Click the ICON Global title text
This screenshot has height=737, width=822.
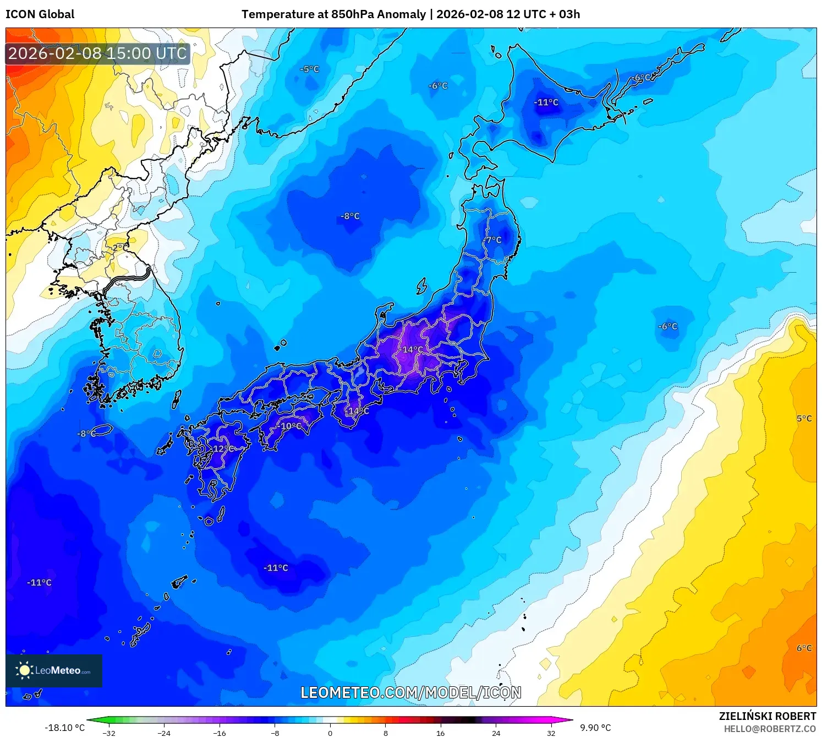[x=40, y=14]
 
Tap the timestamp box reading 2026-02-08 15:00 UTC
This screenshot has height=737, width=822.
[x=97, y=53]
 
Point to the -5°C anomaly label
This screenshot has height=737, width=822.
[x=309, y=69]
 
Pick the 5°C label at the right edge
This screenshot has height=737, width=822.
[x=804, y=419]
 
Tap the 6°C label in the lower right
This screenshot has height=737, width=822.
[x=804, y=648]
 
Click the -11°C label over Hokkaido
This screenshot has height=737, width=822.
[x=546, y=102]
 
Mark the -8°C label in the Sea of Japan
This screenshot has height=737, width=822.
[x=350, y=216]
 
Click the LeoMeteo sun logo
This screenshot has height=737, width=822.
[x=24, y=670]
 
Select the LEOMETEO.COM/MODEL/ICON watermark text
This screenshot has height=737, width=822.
[x=410, y=692]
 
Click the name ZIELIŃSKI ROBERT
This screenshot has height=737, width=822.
[x=768, y=716]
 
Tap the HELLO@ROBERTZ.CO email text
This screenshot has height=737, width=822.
[x=770, y=729]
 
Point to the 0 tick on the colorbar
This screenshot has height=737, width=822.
[x=330, y=733]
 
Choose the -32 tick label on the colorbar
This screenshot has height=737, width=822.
[x=109, y=733]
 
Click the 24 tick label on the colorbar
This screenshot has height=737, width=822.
[x=496, y=733]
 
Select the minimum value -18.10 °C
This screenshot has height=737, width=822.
[x=64, y=728]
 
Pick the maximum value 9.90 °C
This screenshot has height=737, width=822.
[x=595, y=728]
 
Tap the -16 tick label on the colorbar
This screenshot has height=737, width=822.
[x=219, y=733]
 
